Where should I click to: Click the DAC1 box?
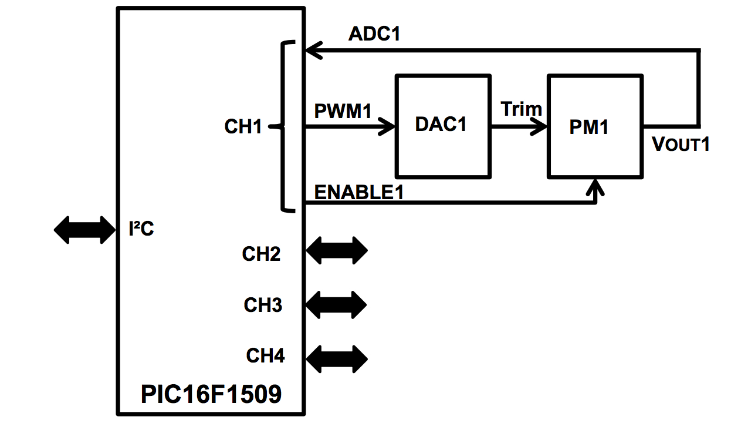tap(442, 125)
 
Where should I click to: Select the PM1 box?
tap(594, 126)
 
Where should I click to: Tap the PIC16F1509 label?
tap(211, 395)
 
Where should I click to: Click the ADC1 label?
tap(374, 34)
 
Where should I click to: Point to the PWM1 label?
tap(343, 111)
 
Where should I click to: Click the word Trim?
tap(521, 109)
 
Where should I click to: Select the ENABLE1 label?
tap(359, 192)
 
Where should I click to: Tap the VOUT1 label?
tap(681, 144)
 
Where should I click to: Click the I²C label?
tap(141, 229)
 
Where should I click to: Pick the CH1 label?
tap(243, 126)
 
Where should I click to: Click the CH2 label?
tap(261, 254)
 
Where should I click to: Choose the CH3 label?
tap(263, 305)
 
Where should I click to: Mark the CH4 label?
tap(265, 356)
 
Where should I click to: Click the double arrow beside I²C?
tap(85, 230)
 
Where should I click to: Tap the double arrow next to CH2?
tap(337, 251)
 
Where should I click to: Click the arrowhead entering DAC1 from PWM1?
tap(388, 125)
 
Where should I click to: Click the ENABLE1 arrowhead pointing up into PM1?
tap(597, 188)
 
